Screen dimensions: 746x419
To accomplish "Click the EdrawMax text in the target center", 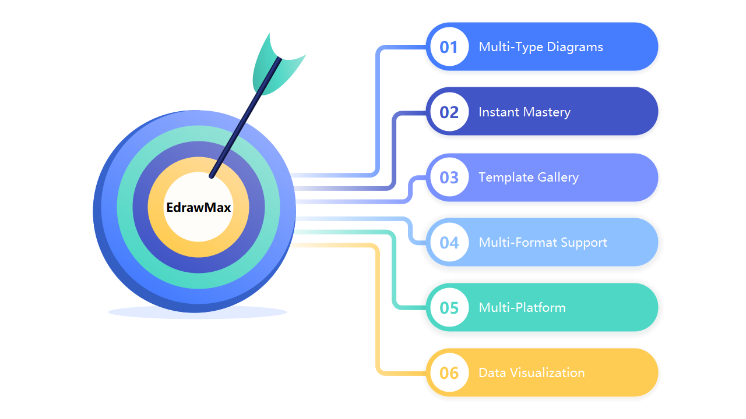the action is coord(199,208).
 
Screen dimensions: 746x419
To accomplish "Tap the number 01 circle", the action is coord(449,47).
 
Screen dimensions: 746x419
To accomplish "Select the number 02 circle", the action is coord(449,111).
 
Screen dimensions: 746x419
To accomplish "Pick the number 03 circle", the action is coord(449,177).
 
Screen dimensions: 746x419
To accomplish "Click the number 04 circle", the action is coord(449,242).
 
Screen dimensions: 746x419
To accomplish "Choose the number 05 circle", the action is coord(449,307).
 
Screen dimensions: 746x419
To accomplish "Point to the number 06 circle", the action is coord(449,372).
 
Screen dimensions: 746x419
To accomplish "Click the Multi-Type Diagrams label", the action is coord(541,47).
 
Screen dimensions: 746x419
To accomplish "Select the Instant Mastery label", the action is coord(525,112).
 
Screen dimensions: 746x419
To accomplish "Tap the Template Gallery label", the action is coord(529,177).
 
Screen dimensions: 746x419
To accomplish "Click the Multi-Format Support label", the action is coord(543,243).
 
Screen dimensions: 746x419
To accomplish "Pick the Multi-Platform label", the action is coord(522,308).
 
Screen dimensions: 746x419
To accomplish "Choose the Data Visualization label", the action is coord(532,373).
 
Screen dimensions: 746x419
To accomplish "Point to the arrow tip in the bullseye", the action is coord(211,176).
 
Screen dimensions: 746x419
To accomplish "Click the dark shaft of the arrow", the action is coord(246,118).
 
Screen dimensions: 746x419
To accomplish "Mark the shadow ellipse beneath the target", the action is coord(198,313).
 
